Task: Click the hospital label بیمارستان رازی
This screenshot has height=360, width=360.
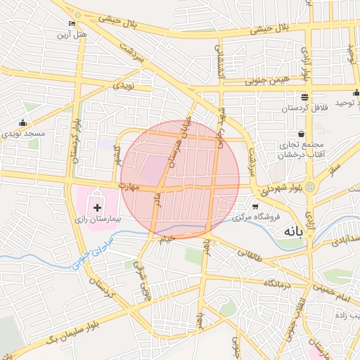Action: tap(98, 219)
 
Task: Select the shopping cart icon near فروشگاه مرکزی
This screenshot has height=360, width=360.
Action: tap(255, 207)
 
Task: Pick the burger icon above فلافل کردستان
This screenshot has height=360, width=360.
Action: tap(304, 98)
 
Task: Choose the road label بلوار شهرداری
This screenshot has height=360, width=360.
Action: tap(281, 188)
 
